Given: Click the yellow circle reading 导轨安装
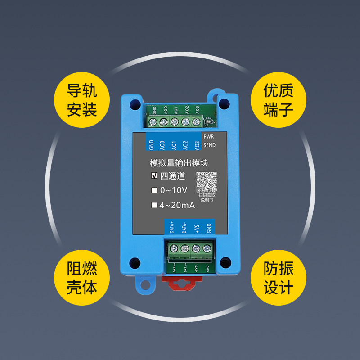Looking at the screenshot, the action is pyautogui.click(x=82, y=99).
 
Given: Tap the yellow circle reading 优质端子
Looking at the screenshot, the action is pyautogui.click(x=278, y=99).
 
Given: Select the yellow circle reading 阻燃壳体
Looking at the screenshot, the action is pyautogui.click(x=82, y=278).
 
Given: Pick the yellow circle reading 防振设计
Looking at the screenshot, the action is pyautogui.click(x=278, y=278).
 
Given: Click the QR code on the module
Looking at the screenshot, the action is pyautogui.click(x=207, y=182).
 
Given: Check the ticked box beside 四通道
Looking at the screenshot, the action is pyautogui.click(x=154, y=176).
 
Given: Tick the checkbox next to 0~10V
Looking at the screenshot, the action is pyautogui.click(x=154, y=190).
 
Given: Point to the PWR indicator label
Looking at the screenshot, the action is pyautogui.click(x=209, y=136).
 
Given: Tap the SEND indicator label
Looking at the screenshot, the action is pyautogui.click(x=210, y=145).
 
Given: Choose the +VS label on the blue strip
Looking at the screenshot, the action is pyautogui.click(x=197, y=228).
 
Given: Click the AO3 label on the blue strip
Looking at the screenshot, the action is pyautogui.click(x=196, y=145).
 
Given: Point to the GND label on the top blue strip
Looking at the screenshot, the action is pyautogui.click(x=152, y=144).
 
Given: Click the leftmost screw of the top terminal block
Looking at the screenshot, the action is pyautogui.click(x=153, y=122).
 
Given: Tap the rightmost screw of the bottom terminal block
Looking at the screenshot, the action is pyautogui.click(x=207, y=248).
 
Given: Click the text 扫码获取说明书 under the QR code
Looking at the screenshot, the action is pyautogui.click(x=207, y=198).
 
